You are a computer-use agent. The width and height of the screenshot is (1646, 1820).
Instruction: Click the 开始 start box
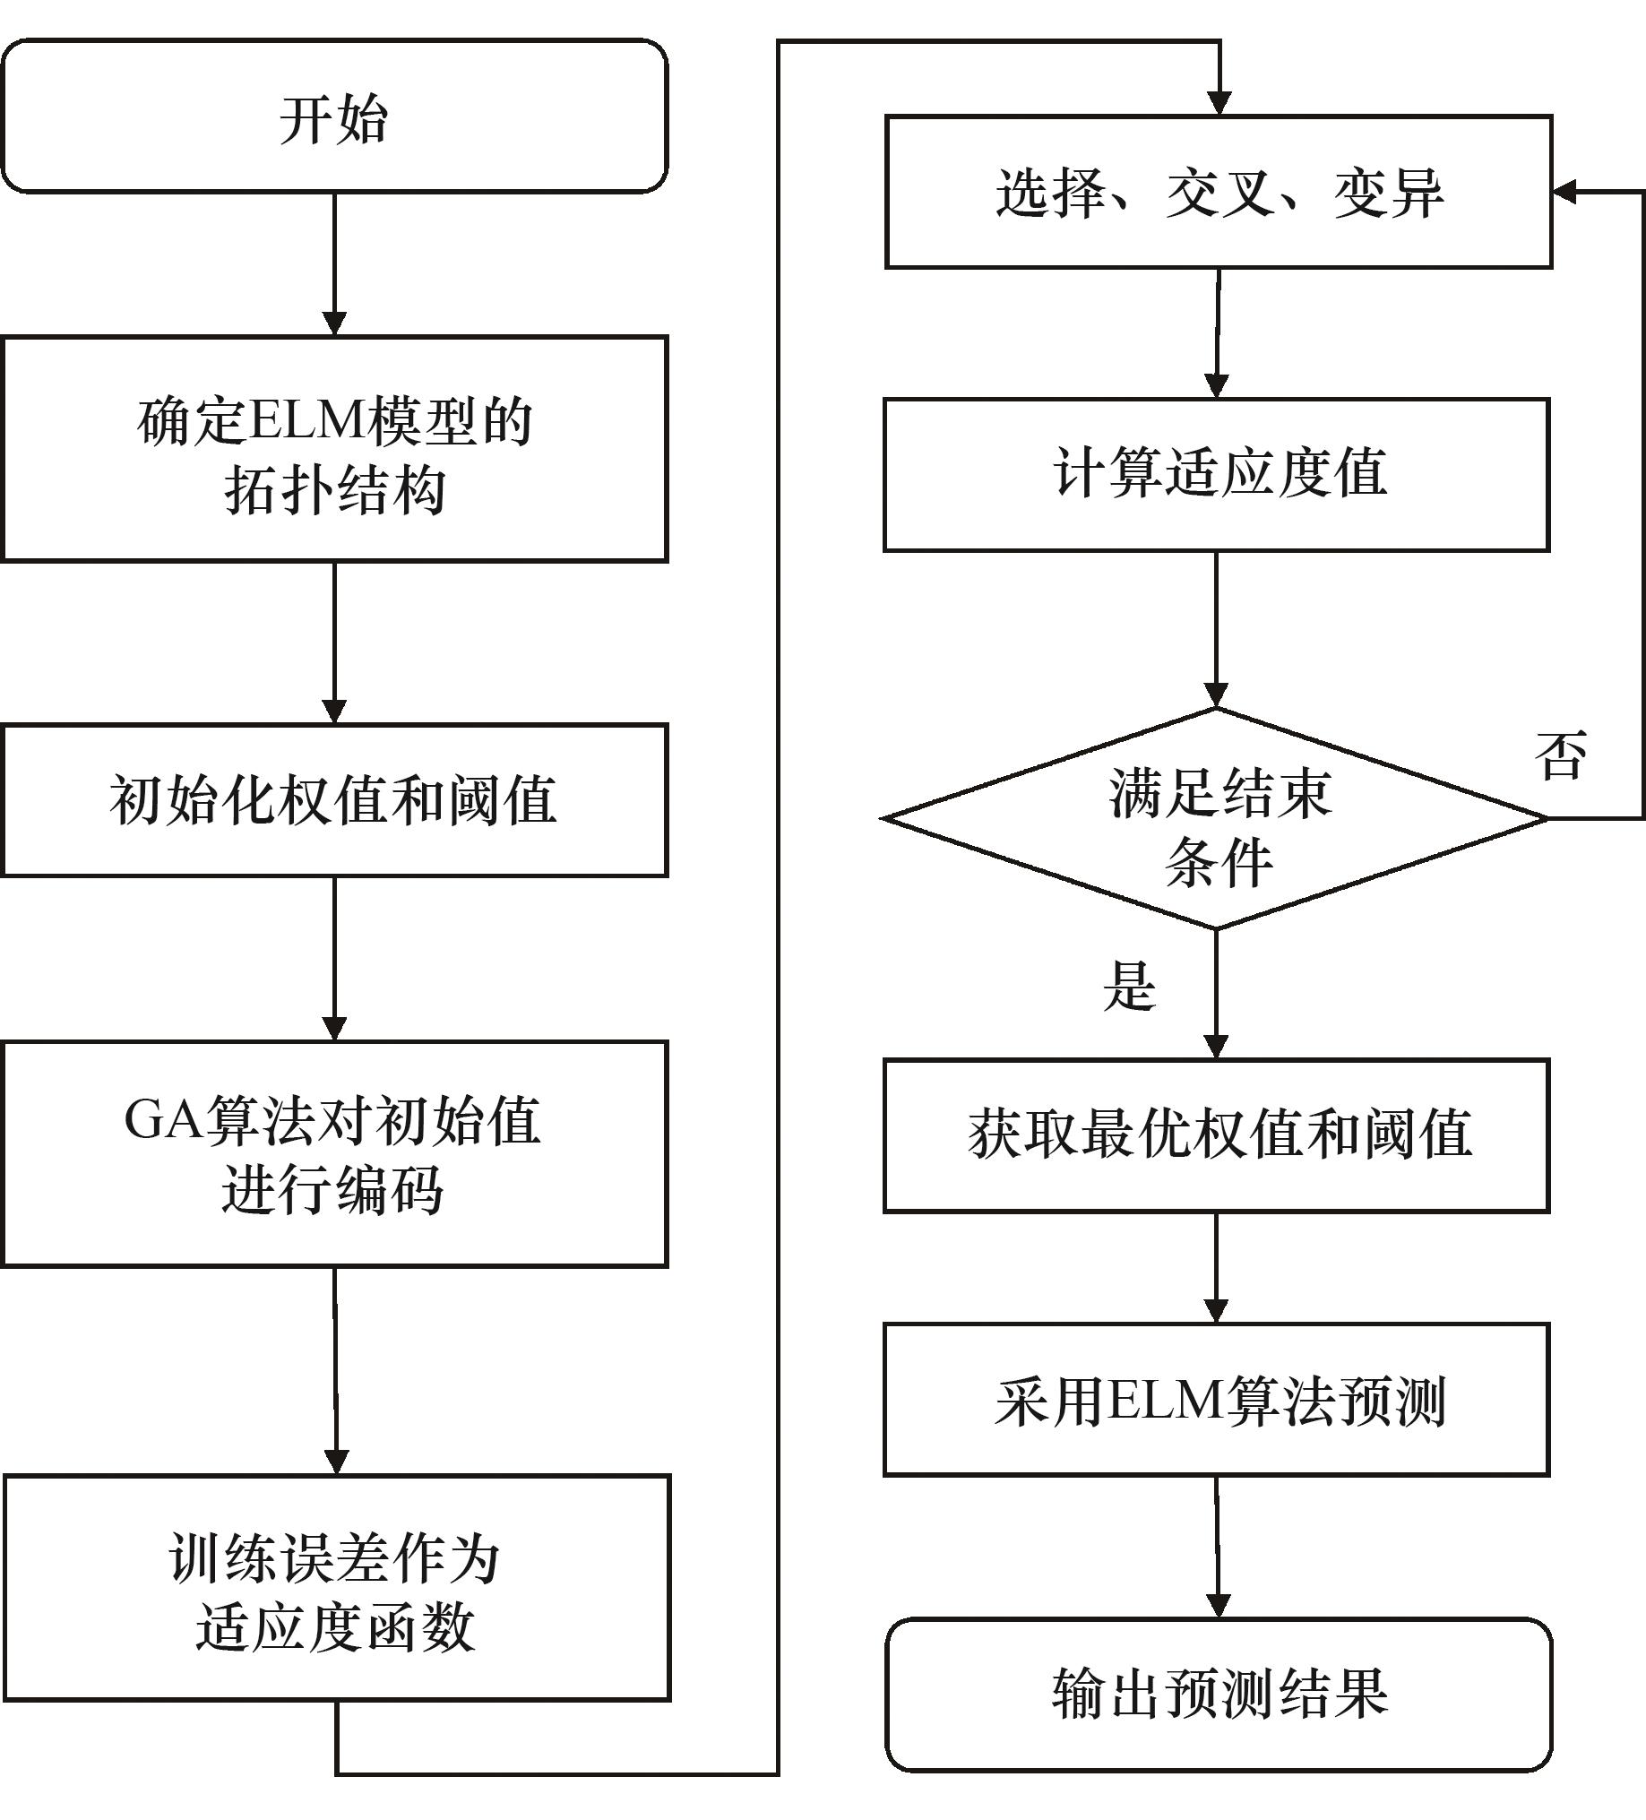pyautogui.click(x=334, y=116)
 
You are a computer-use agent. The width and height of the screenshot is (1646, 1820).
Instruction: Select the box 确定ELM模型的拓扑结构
pyautogui.click(x=334, y=449)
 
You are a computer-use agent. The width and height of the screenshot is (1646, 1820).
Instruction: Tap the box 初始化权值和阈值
pyautogui.click(x=334, y=800)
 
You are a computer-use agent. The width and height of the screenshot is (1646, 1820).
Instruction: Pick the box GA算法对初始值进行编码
pyautogui.click(x=334, y=1154)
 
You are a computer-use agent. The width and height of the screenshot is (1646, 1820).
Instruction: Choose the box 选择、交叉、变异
pyautogui.click(x=1218, y=193)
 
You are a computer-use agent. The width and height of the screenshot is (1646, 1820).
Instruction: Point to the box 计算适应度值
pyautogui.click(x=1216, y=474)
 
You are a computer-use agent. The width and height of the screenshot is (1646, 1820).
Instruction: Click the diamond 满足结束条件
pyautogui.click(x=1216, y=819)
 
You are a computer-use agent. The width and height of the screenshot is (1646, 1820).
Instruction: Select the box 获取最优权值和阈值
pyautogui.click(x=1216, y=1134)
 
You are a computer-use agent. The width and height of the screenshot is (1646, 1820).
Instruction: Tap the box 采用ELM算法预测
pyautogui.click(x=1216, y=1402)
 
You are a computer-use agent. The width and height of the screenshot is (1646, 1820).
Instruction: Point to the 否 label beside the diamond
pyautogui.click(x=1560, y=755)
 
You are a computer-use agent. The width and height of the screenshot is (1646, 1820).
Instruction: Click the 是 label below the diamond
pyautogui.click(x=1129, y=986)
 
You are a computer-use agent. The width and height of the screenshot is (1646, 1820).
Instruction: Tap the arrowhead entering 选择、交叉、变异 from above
pyautogui.click(x=1219, y=103)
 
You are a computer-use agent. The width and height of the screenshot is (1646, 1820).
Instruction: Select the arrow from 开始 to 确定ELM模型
pyautogui.click(x=334, y=263)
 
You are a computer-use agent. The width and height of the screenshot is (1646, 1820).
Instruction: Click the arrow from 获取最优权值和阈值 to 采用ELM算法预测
pyautogui.click(x=1216, y=1267)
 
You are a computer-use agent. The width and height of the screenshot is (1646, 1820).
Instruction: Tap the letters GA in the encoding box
pyautogui.click(x=162, y=1121)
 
